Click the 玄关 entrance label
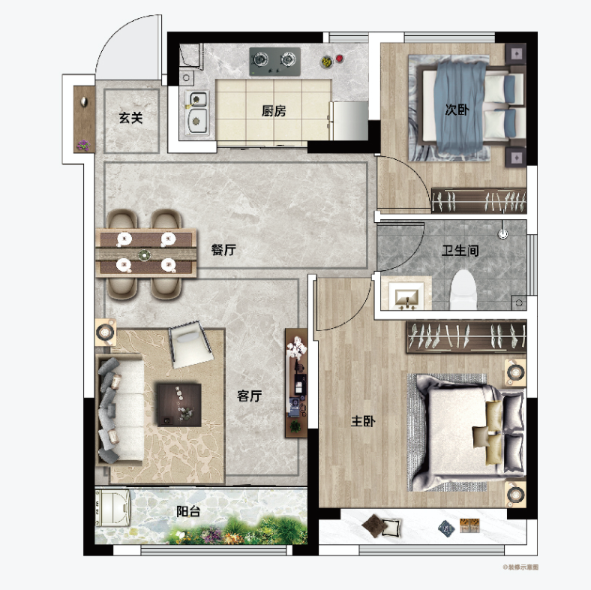[130, 118]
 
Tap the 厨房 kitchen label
[274, 111]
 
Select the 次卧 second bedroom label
[457, 110]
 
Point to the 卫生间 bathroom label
[460, 251]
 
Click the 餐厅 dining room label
[223, 250]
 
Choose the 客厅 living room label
[249, 396]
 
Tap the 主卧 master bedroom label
[363, 421]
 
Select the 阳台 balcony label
[188, 511]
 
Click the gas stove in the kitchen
[274, 61]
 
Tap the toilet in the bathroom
[463, 290]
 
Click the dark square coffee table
[178, 405]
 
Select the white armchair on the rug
[190, 343]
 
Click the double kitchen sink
[196, 113]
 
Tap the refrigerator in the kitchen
[349, 121]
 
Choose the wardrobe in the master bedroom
[466, 336]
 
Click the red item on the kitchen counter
[339, 59]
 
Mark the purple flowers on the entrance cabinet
[83, 145]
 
